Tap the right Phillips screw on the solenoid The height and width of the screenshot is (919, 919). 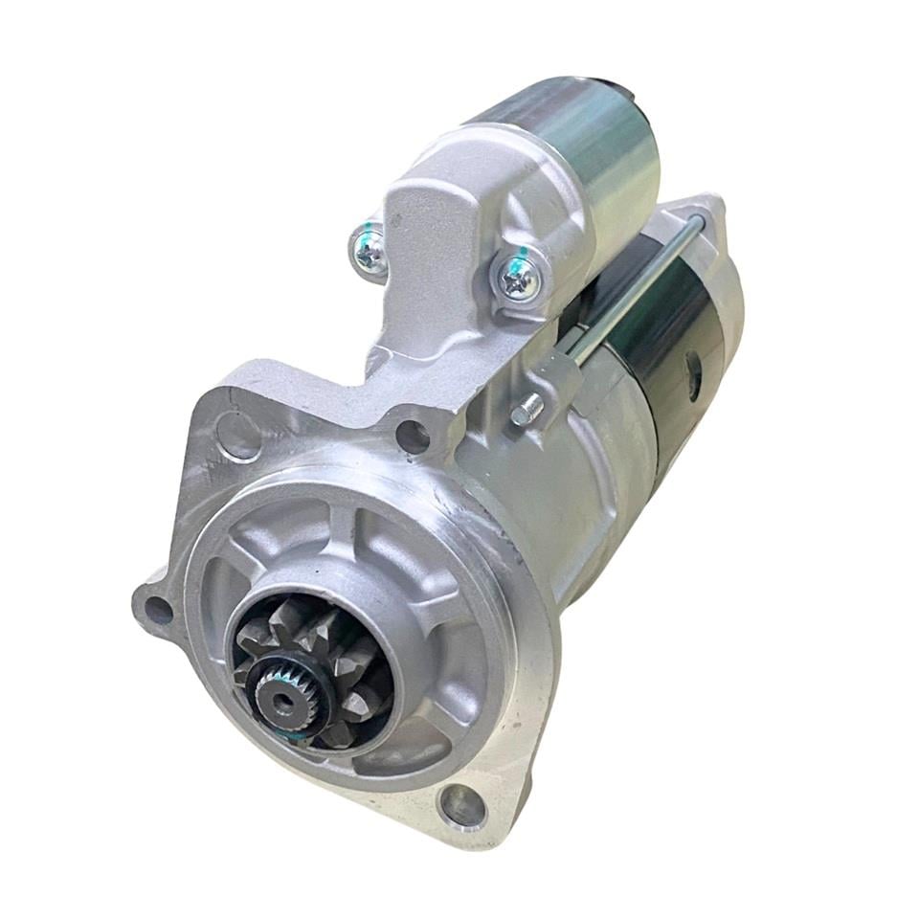click(x=521, y=278)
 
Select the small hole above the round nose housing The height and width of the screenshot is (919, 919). click(x=413, y=437)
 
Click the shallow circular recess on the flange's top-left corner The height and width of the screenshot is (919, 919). click(x=234, y=435)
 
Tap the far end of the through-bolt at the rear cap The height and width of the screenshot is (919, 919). click(x=696, y=222)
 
